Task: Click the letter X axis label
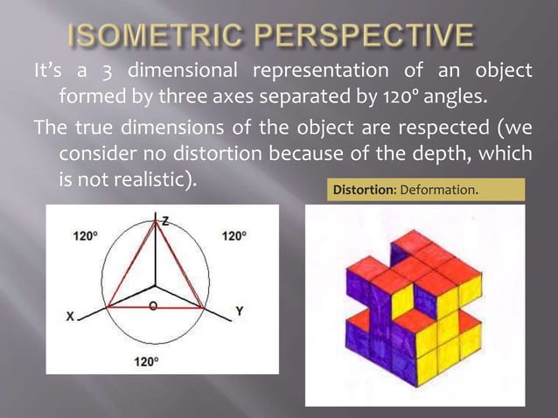[x=71, y=317]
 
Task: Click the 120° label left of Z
[x=85, y=236]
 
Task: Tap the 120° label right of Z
[x=234, y=236]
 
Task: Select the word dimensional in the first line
[x=184, y=70]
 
